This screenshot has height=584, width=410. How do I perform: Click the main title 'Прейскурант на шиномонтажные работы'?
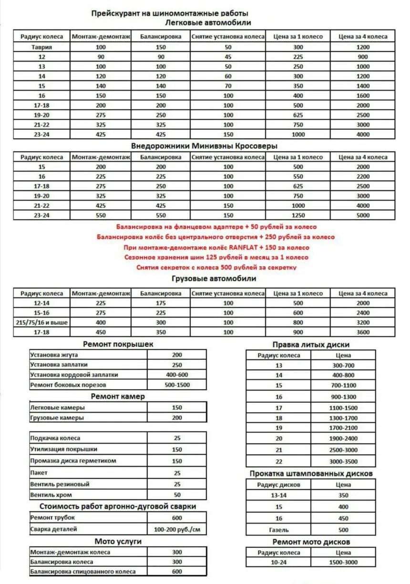click(170, 14)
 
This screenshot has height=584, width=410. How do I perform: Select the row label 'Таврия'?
click(42, 47)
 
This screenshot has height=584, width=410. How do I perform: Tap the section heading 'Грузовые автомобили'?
click(214, 278)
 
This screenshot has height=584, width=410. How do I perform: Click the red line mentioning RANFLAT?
click(216, 247)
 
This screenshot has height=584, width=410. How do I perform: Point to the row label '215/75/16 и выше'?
click(42, 322)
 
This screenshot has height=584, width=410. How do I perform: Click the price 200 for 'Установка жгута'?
click(177, 355)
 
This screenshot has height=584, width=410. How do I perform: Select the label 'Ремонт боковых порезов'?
click(68, 385)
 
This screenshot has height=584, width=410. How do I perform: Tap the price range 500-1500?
click(177, 385)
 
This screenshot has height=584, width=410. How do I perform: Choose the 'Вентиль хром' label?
click(51, 495)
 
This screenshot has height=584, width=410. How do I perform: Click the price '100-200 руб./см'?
click(177, 529)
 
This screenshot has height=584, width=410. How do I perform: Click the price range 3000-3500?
click(343, 461)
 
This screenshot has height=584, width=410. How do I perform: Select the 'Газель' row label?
click(279, 530)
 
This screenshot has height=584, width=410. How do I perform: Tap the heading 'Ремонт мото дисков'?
click(311, 542)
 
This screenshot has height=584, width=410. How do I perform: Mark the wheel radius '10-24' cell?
click(279, 563)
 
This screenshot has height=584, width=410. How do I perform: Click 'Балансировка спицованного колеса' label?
click(83, 572)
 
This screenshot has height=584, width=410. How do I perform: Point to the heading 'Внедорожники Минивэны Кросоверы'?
click(204, 145)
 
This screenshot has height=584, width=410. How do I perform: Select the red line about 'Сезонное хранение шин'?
click(216, 257)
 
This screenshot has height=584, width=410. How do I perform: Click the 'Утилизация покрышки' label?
click(64, 449)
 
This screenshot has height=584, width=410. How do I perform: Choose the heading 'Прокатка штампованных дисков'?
click(311, 473)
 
